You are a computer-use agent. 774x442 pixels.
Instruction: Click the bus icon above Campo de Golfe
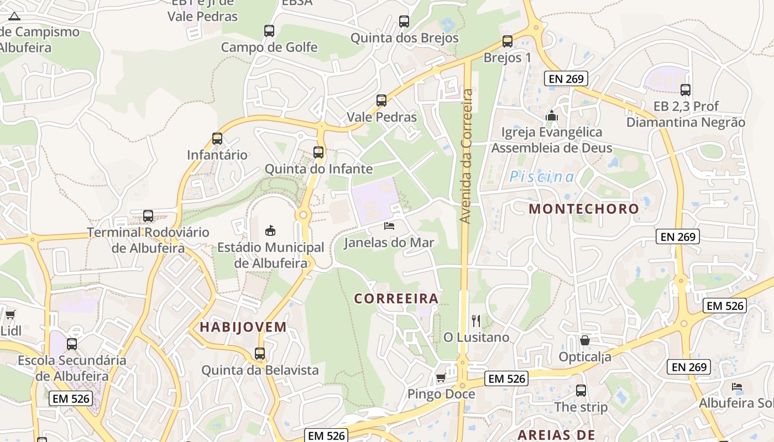[269, 31]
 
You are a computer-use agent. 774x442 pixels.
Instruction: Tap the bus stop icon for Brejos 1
[507, 41]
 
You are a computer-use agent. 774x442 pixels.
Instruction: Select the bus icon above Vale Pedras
[381, 101]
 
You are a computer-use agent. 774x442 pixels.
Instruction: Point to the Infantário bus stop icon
[217, 139]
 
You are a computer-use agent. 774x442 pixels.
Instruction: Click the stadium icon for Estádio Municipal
[270, 230]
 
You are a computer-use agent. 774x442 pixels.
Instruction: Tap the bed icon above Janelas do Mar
[389, 225]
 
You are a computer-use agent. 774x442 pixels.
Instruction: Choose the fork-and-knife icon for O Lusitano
[476, 320]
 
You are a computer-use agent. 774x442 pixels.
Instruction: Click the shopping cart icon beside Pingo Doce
[441, 378]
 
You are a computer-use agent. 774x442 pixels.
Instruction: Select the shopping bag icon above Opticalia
[585, 340]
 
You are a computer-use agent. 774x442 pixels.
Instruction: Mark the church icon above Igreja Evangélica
[551, 116]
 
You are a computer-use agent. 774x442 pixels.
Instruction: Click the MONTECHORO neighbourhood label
[584, 209]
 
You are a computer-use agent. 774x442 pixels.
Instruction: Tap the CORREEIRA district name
[396, 298]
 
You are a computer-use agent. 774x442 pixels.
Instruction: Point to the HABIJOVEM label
[243, 327]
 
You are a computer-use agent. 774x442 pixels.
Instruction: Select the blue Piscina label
[542, 177]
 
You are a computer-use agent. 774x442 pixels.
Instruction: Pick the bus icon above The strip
[581, 391]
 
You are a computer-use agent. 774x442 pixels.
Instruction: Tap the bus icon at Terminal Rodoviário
[148, 216]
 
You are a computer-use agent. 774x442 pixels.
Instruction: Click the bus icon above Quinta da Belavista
[260, 354]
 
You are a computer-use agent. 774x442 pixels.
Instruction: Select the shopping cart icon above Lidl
[10, 315]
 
